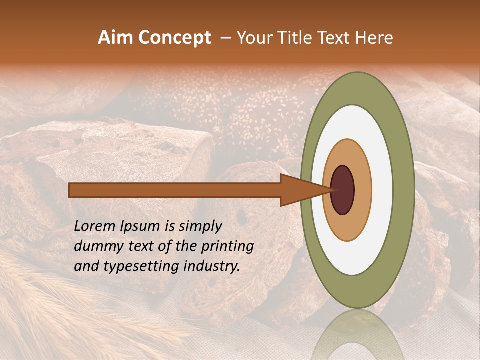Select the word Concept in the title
174,38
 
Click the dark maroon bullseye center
342,190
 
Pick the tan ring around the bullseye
363,190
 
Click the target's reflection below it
357,335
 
